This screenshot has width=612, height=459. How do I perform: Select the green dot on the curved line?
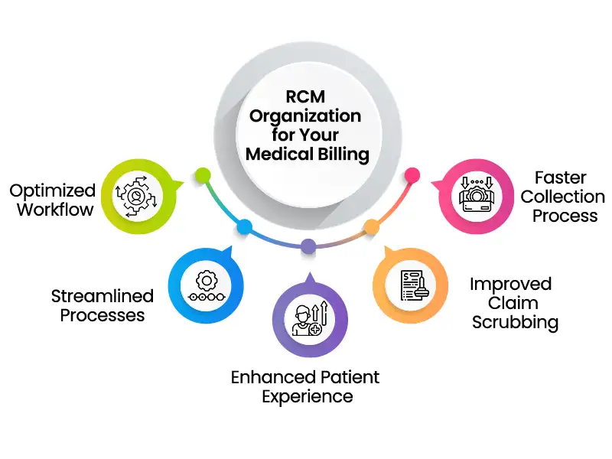click(202, 174)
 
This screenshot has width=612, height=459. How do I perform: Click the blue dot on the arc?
click(245, 227)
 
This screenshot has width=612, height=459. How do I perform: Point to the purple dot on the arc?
click(308, 246)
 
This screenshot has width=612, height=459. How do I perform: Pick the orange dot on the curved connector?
click(371, 226)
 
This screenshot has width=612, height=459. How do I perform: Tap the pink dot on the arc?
click(412, 174)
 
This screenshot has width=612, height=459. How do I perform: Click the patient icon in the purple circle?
click(308, 320)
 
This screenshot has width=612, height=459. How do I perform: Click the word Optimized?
click(53, 190)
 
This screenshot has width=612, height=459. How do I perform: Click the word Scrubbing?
click(515, 322)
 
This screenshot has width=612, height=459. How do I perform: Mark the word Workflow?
click(55, 210)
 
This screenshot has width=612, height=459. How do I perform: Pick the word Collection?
click(563, 197)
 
